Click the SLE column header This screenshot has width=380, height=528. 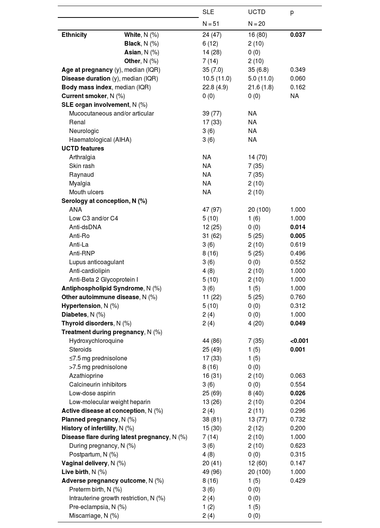click(x=208, y=12)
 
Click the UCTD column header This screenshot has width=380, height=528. click(x=256, y=12)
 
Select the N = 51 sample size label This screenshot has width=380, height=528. click(x=211, y=24)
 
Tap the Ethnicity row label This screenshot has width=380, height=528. click(x=74, y=35)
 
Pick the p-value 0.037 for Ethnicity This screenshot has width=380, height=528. click(x=298, y=35)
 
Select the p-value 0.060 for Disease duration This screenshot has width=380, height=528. click(x=298, y=78)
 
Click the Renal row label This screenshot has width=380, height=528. click(x=77, y=122)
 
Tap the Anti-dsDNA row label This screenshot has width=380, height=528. click(x=85, y=227)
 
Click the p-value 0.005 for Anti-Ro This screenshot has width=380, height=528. click(x=298, y=236)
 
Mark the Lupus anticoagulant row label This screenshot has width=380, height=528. click(x=97, y=262)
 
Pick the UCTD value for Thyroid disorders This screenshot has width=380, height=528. click(x=256, y=323)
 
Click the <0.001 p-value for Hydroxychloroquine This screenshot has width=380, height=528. click(x=299, y=341)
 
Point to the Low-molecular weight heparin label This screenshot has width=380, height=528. click(x=109, y=402)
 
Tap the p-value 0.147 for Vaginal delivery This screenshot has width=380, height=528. click(x=298, y=463)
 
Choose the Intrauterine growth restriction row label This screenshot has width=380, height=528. click(x=117, y=498)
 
